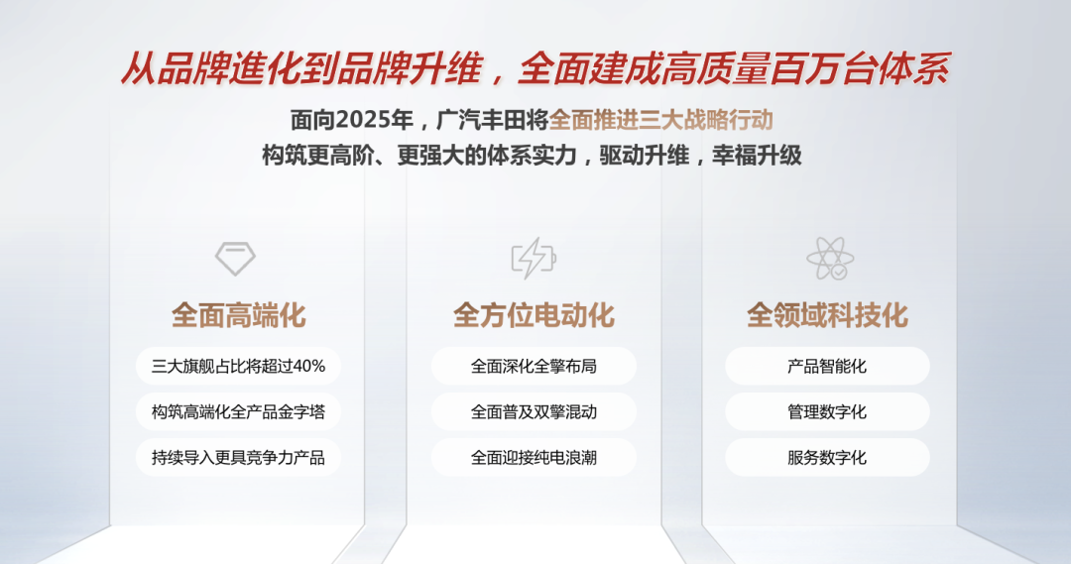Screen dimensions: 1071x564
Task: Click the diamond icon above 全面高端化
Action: point(235,258)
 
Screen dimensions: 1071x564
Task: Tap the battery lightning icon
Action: point(534,258)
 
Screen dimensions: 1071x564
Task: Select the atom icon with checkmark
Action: point(829,258)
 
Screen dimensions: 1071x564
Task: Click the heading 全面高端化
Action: point(238,315)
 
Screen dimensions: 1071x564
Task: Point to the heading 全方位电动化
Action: point(534,315)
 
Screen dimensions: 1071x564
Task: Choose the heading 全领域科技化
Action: point(827,315)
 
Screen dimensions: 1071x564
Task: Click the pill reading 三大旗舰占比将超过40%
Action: point(238,366)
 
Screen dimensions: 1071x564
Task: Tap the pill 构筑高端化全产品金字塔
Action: point(238,411)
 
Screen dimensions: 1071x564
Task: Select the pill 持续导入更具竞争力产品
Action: point(238,458)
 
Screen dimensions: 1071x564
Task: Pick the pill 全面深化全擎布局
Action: point(534,366)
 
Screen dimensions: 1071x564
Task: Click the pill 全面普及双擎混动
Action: point(534,411)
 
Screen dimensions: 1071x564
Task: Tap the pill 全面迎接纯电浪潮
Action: point(534,458)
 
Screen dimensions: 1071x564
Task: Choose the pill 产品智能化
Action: point(827,366)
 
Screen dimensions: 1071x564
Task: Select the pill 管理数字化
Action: point(827,411)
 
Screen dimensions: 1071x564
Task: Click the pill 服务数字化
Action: point(827,458)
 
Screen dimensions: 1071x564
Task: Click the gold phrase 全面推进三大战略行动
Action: point(661,120)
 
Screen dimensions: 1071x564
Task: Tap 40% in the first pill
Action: point(308,366)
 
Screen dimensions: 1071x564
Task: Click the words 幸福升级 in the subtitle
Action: point(757,156)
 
